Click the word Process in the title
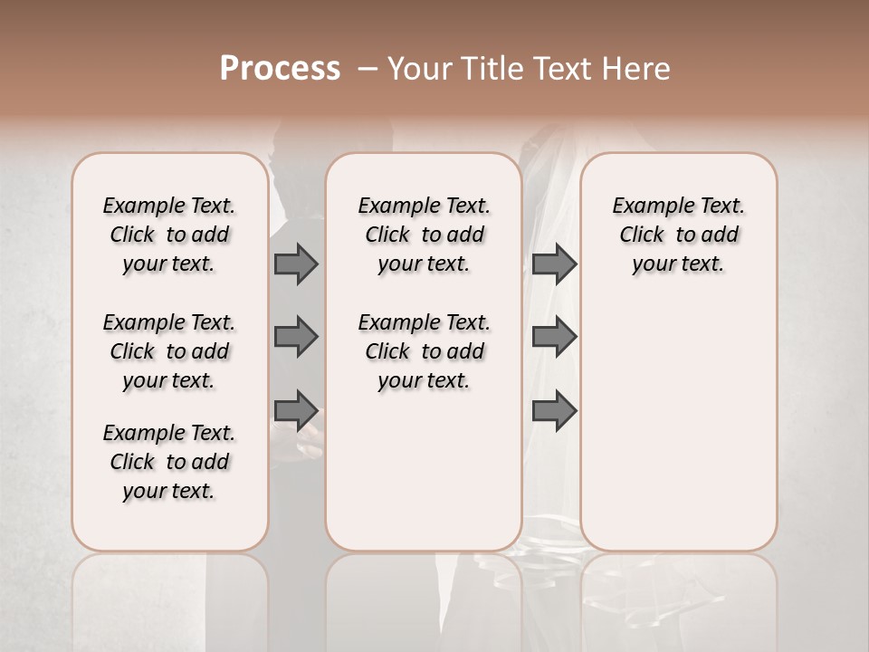click(280, 69)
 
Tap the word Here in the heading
click(637, 69)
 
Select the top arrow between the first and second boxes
click(296, 264)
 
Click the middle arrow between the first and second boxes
click(296, 337)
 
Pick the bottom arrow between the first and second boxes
click(296, 409)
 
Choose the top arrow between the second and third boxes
click(554, 264)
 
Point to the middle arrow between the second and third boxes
click(554, 337)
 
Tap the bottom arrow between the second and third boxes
click(554, 409)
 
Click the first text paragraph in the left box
click(169, 235)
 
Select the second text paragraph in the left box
click(169, 351)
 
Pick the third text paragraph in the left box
click(169, 462)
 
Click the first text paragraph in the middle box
click(424, 235)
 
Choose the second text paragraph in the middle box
click(424, 351)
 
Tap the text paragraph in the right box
click(678, 235)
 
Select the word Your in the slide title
click(415, 69)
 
